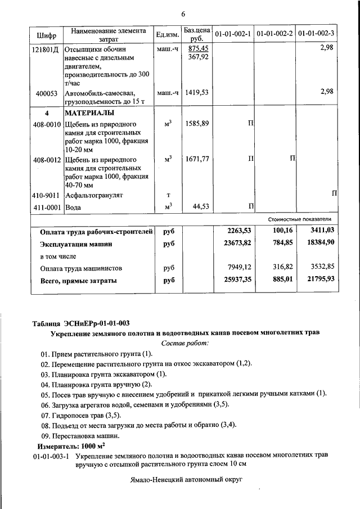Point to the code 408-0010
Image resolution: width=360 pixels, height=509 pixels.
point(46,124)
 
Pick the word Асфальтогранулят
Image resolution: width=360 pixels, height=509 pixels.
point(94,195)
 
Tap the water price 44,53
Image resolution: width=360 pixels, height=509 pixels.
point(200,207)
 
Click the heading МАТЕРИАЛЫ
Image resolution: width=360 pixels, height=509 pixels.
point(88,112)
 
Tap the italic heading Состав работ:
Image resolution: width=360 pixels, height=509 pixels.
point(185,343)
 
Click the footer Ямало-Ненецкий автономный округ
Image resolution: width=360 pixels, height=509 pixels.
point(185,482)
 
